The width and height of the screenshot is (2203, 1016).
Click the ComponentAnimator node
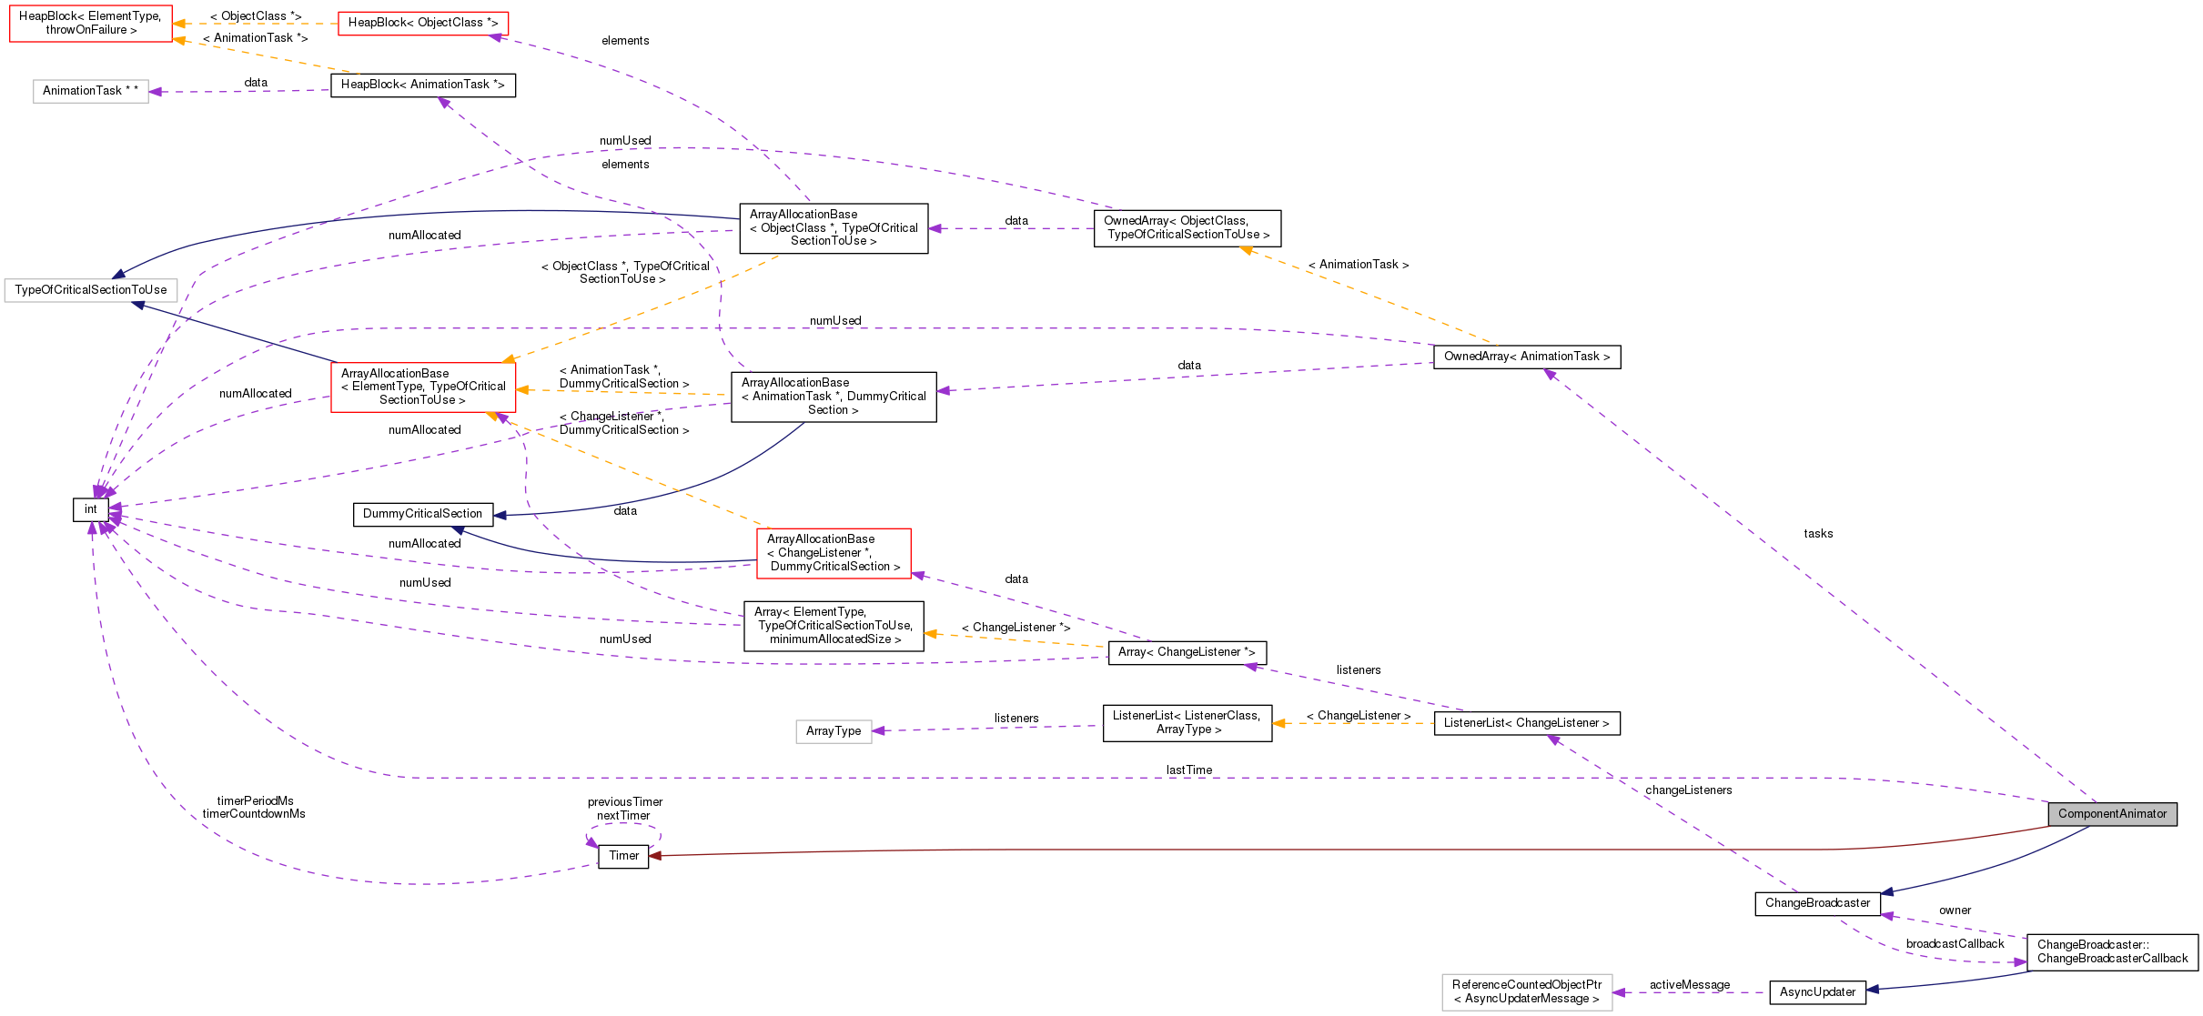(x=2112, y=814)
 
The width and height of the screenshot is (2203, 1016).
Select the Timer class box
(x=623, y=856)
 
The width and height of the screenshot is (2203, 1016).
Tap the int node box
(x=91, y=509)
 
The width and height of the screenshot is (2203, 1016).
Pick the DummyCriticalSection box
(x=423, y=514)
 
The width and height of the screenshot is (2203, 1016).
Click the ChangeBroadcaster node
(x=1817, y=903)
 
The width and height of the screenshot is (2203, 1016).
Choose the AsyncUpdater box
(x=1817, y=992)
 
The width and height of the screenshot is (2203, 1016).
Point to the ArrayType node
(x=834, y=731)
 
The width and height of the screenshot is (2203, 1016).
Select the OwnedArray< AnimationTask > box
(x=1526, y=357)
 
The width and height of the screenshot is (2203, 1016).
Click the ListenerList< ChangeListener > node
(x=1526, y=723)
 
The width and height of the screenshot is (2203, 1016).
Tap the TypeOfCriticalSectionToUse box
(x=91, y=290)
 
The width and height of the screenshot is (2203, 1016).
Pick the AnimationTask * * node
(x=91, y=91)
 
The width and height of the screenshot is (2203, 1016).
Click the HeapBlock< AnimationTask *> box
(x=423, y=85)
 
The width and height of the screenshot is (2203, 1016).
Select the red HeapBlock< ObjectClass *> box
(x=423, y=23)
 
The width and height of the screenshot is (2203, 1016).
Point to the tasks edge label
(x=1818, y=534)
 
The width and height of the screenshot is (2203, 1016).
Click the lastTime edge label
(x=1189, y=770)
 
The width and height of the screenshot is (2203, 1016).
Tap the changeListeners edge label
(x=1689, y=790)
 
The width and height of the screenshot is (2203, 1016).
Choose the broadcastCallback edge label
(x=1955, y=944)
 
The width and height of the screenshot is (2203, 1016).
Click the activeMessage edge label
(x=1690, y=985)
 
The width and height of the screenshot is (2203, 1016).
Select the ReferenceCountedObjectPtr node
(x=1527, y=992)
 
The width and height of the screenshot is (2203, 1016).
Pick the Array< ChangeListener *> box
(x=1187, y=652)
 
